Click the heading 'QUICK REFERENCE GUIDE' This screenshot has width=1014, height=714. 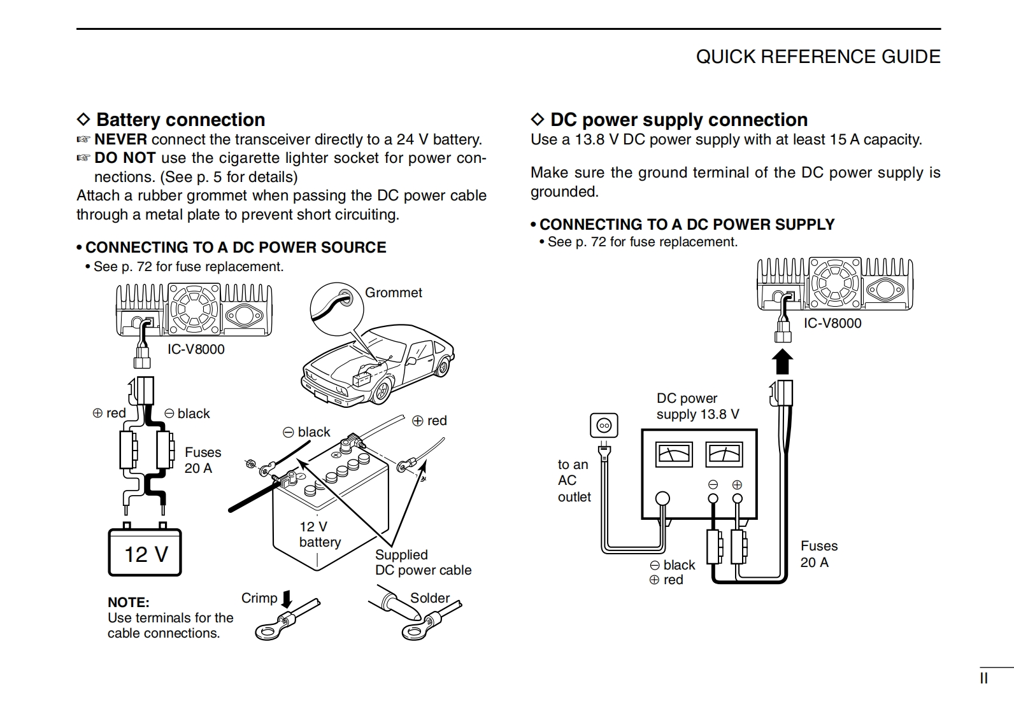[818, 57]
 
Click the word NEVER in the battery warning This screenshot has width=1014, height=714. [120, 139]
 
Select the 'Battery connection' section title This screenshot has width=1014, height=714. [180, 120]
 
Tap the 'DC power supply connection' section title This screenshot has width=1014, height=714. [678, 120]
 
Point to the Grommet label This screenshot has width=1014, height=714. [393, 293]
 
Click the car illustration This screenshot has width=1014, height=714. [376, 363]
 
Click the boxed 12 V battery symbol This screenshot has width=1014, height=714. [145, 553]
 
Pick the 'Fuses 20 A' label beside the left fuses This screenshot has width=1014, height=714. [203, 460]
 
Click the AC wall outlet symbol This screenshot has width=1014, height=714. [603, 425]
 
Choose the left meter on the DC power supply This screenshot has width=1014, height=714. [673, 454]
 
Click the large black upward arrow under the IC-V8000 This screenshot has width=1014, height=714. [782, 361]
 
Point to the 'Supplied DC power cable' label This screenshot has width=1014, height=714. [423, 563]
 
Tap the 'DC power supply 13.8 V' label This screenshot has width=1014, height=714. [697, 406]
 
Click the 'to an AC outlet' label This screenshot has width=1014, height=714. [574, 480]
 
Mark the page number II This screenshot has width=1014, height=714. [983, 678]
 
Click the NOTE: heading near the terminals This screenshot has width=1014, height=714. [129, 602]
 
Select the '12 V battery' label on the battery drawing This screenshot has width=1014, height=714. [320, 535]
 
